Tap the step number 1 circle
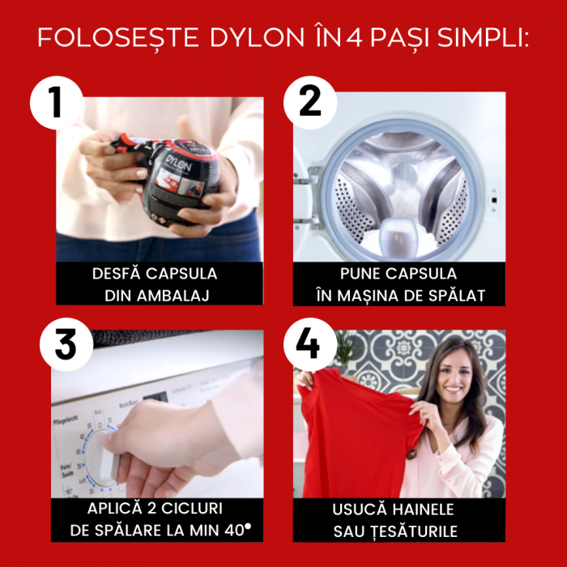pos(57,103)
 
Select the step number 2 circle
pos(309,103)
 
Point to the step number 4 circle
pos(309,344)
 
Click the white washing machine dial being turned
pos(105,458)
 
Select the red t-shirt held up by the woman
pos(356,437)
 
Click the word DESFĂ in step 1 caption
pos(119,274)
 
